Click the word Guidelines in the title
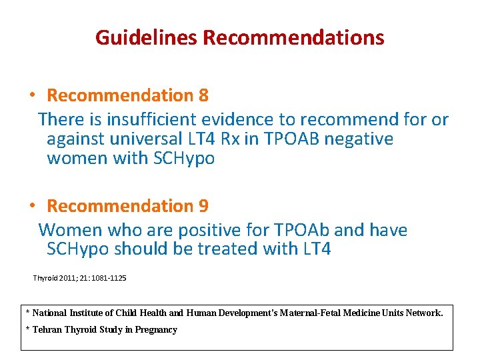[147, 37]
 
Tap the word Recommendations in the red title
[293, 37]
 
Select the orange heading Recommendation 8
[127, 96]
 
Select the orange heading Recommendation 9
[127, 206]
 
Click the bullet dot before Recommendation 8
[32, 96]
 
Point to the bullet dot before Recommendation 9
[32, 206]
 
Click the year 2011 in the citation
[69, 277]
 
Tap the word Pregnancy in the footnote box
[155, 329]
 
